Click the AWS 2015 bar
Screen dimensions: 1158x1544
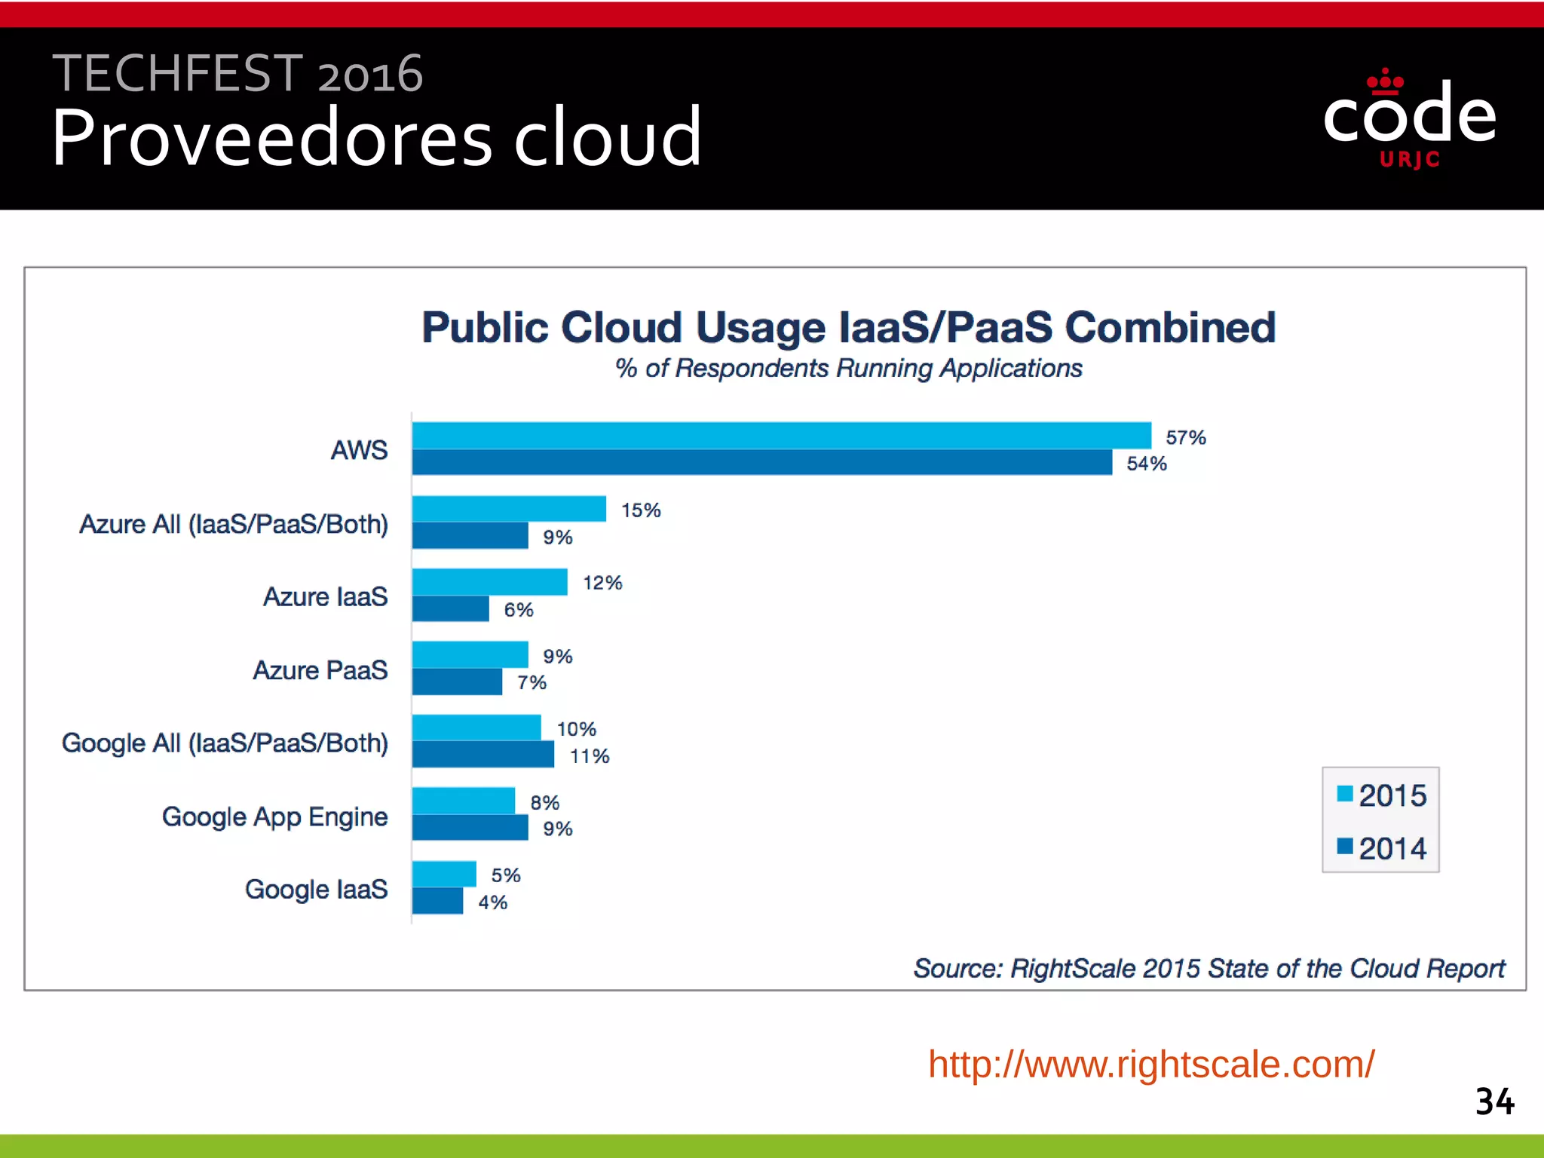click(x=781, y=436)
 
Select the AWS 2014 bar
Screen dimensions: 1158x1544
click(x=761, y=462)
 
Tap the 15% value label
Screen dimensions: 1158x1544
click(x=641, y=510)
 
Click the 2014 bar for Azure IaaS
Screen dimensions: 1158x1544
click(x=450, y=608)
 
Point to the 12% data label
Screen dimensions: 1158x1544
click(x=602, y=583)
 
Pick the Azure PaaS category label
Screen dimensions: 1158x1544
click(x=320, y=670)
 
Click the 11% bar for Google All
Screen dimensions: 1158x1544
click(x=482, y=754)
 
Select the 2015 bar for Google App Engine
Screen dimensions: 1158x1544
click(x=463, y=801)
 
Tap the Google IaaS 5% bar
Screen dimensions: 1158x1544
click(x=444, y=874)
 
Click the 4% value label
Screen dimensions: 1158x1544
click(x=492, y=902)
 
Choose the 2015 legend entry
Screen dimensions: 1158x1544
click(x=1382, y=795)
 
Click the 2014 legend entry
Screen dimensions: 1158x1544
click(x=1382, y=848)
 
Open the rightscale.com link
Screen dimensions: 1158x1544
click(x=1151, y=1064)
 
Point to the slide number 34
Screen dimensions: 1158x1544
click(x=1494, y=1101)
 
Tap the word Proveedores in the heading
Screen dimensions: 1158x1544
click(x=272, y=137)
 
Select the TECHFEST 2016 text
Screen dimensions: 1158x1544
click(x=237, y=74)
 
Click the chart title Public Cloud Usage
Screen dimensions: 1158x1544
click(x=848, y=328)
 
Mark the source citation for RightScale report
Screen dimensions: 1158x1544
click(x=1209, y=968)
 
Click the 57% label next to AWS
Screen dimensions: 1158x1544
click(x=1185, y=437)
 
